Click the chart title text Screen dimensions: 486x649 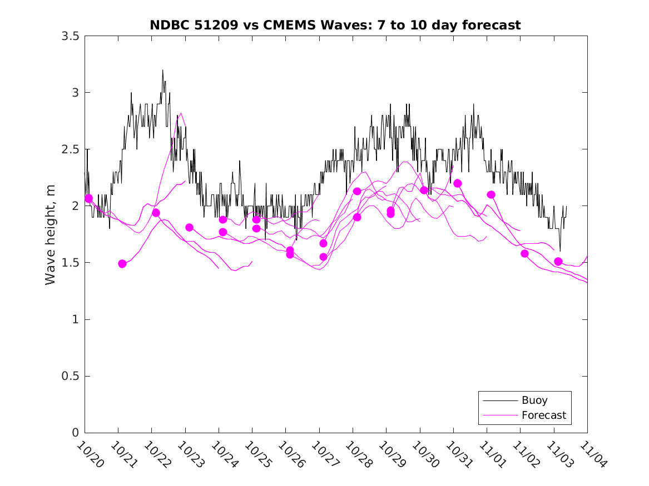click(x=335, y=25)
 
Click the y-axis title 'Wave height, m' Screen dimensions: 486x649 click(x=51, y=234)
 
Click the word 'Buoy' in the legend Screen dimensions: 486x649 click(x=534, y=400)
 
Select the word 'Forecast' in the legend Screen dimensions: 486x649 click(x=543, y=415)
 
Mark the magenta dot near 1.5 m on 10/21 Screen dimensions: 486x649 click(x=122, y=264)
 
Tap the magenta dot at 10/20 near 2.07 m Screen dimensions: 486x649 click(x=88, y=198)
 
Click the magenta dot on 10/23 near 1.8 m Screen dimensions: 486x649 click(x=189, y=227)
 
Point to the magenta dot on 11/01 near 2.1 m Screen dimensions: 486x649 click(x=491, y=194)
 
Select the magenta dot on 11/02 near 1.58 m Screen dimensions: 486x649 click(x=524, y=253)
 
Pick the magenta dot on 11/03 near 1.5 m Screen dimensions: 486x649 click(x=558, y=262)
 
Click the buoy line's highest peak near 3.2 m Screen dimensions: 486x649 click(x=162, y=71)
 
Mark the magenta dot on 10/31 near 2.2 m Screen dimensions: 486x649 click(x=458, y=183)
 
